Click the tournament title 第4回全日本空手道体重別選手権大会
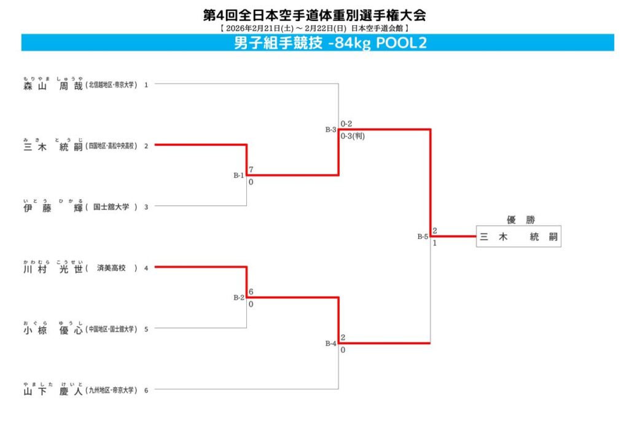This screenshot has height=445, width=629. [x=314, y=15]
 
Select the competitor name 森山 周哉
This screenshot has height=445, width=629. [x=53, y=86]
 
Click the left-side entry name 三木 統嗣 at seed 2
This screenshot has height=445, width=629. [x=53, y=147]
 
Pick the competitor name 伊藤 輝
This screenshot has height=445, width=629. [x=53, y=208]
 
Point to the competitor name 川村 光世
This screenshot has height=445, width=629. [x=53, y=269]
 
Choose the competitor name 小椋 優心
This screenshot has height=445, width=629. [x=53, y=329]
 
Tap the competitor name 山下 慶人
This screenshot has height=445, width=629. [x=53, y=390]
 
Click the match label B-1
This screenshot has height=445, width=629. [x=239, y=175]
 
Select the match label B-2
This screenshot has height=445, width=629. [x=239, y=297]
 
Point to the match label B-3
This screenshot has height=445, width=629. [x=331, y=130]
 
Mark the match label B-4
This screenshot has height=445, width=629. [x=331, y=344]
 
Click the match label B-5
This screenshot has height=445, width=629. [x=423, y=237]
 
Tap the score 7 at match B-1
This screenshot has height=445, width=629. [x=251, y=169]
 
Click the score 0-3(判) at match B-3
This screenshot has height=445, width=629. [x=353, y=136]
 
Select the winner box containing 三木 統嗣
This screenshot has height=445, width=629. [x=519, y=237]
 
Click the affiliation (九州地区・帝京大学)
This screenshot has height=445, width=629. [x=111, y=390]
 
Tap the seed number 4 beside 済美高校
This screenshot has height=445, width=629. [x=146, y=269]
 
